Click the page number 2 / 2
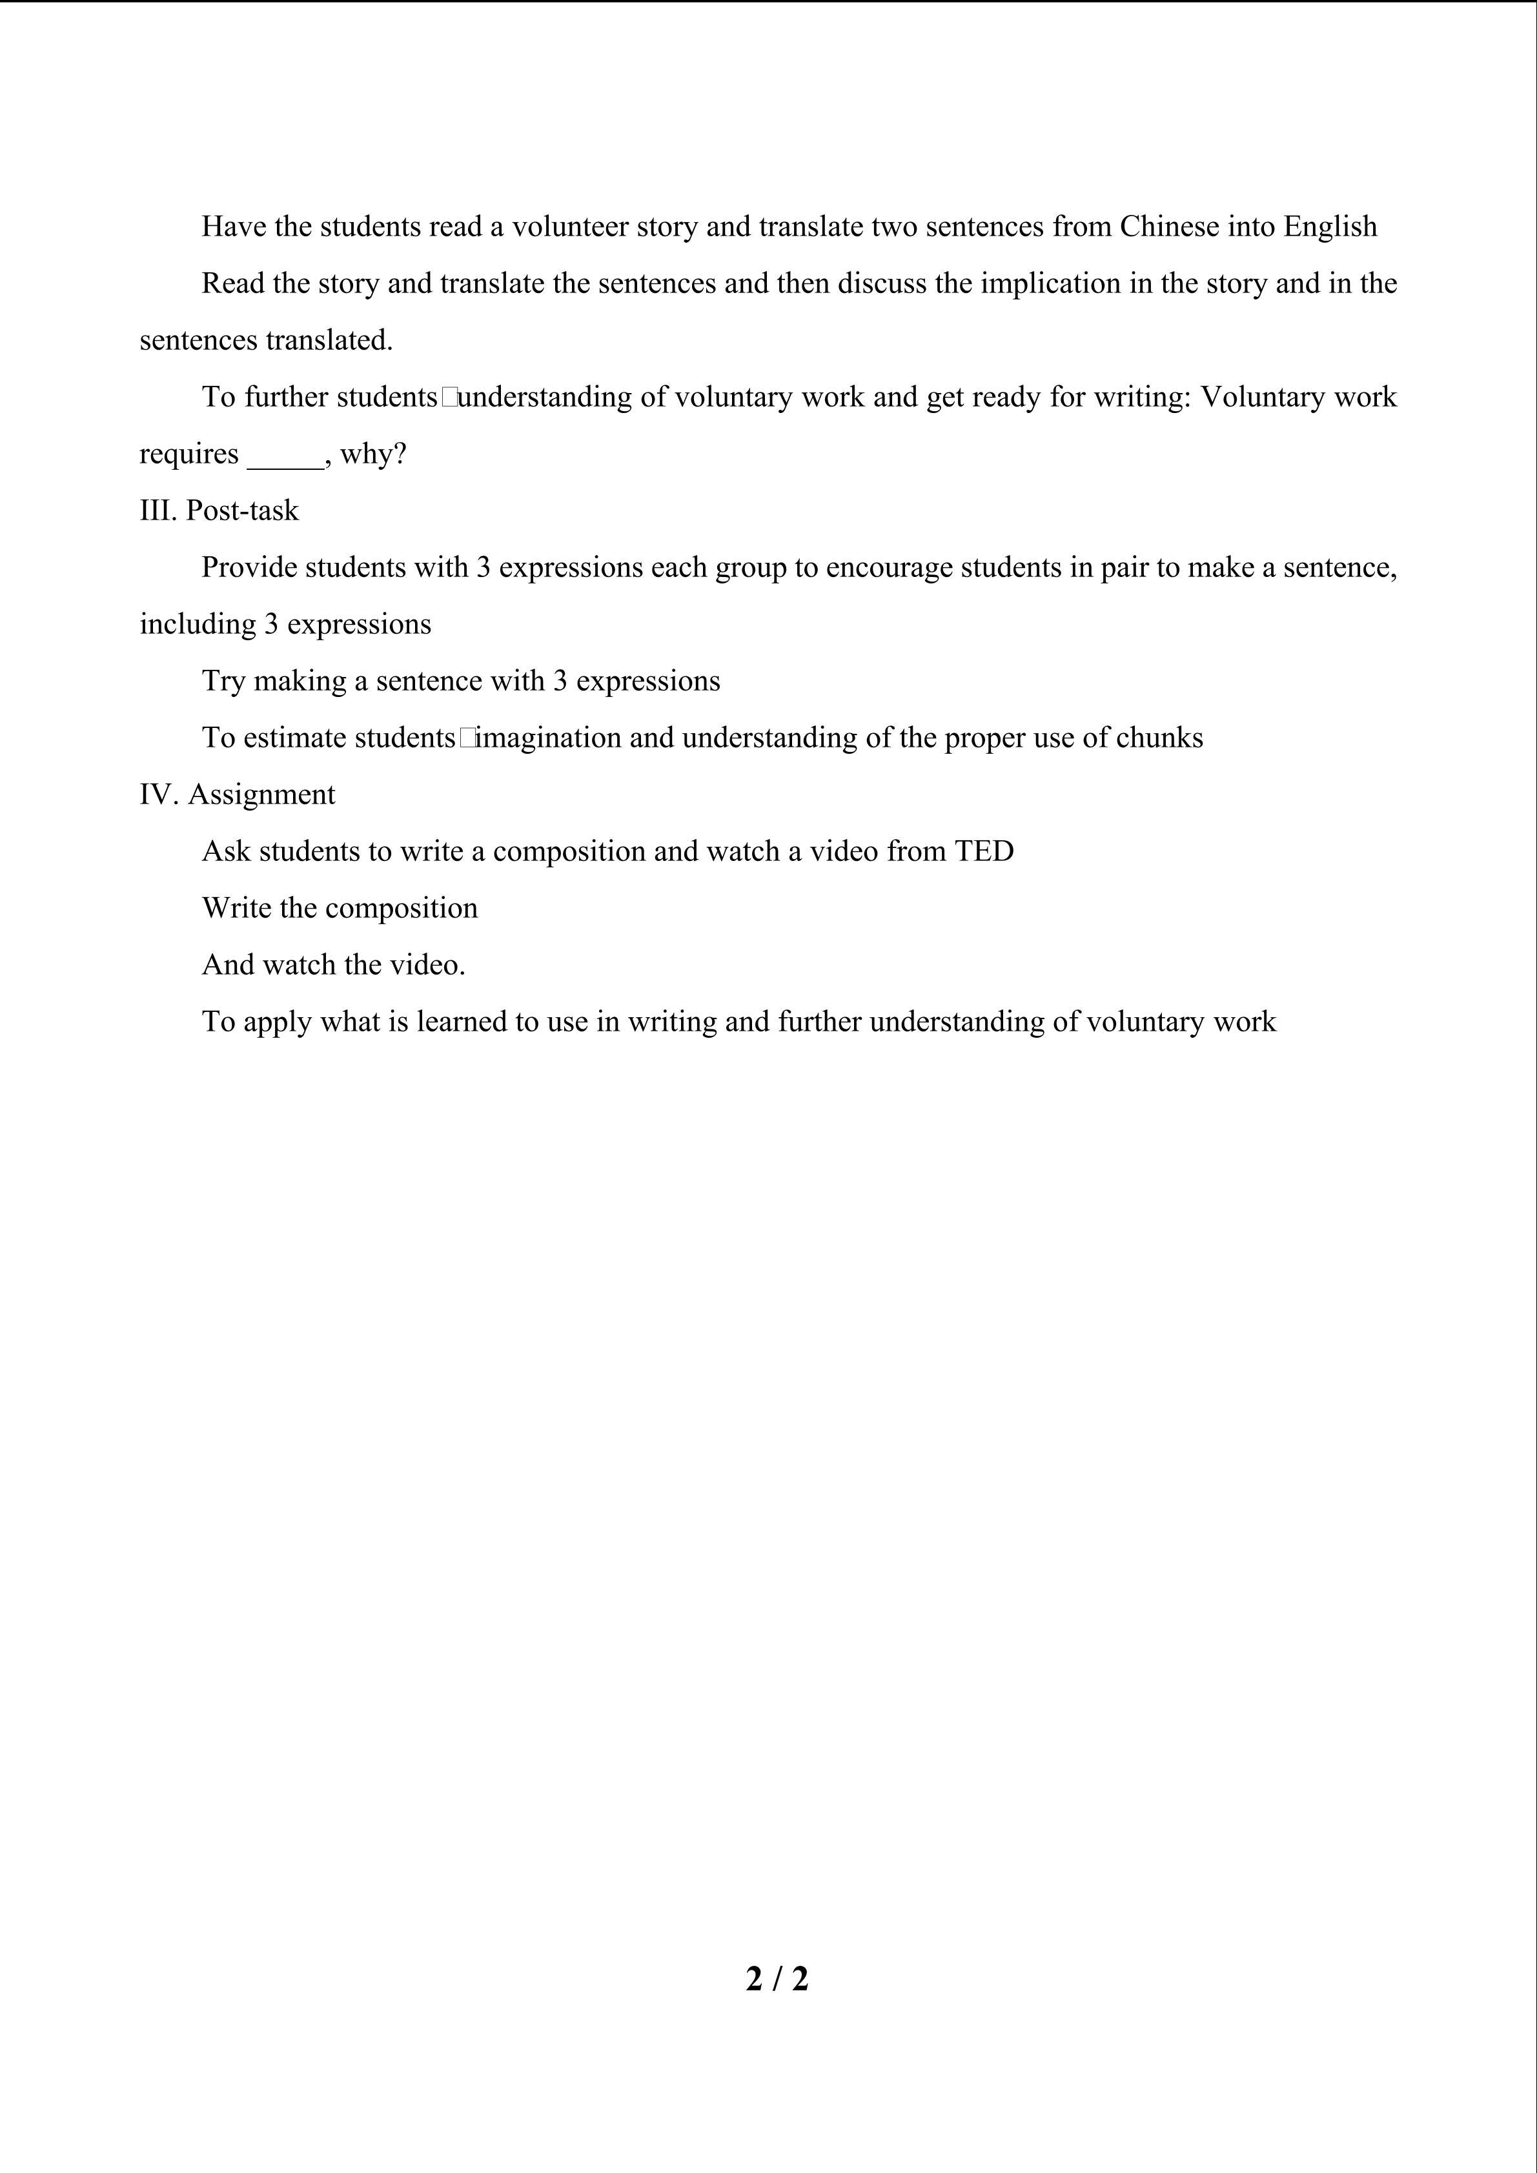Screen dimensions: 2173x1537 [776, 1978]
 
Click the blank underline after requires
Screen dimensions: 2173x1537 [285, 456]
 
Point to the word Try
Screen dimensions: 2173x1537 [223, 682]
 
